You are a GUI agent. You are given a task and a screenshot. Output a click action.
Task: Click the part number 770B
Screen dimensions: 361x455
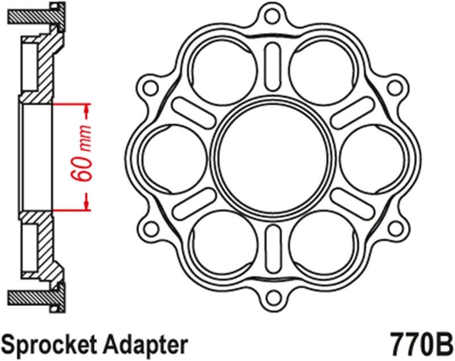[x=420, y=343]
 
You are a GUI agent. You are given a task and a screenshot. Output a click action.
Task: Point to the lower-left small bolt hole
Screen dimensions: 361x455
[x=151, y=228]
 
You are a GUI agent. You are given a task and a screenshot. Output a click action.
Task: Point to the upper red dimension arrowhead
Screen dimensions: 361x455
[x=86, y=108]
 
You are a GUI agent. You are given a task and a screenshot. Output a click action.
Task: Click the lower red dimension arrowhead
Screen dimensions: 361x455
[x=86, y=204]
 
